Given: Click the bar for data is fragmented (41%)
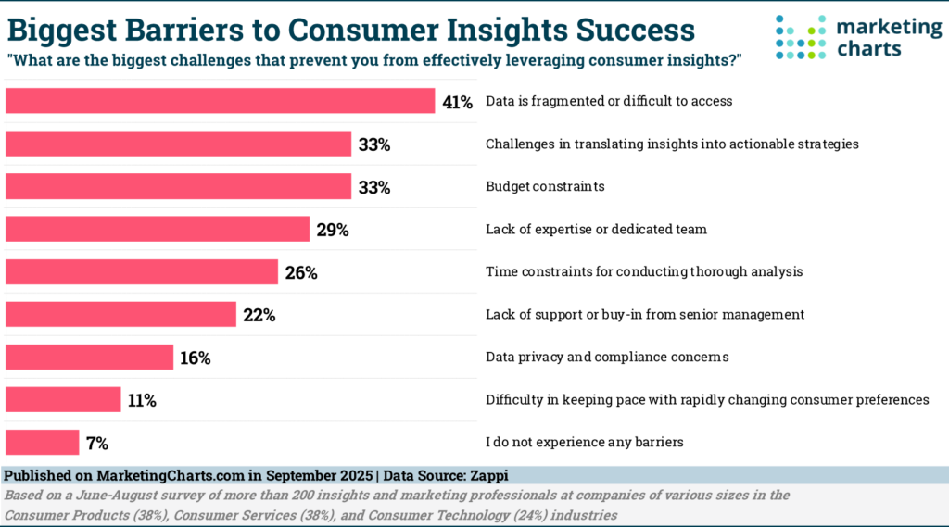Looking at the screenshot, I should click(x=221, y=101).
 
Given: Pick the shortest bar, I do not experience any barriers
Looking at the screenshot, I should click(x=43, y=442).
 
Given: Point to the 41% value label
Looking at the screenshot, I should click(x=457, y=102).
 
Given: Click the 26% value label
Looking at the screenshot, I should click(x=301, y=272).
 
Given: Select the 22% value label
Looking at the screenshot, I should click(x=259, y=315).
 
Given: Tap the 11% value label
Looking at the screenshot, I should click(x=143, y=400).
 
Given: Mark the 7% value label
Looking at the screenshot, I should click(x=98, y=443).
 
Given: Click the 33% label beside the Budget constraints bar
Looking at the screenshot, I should click(x=374, y=187).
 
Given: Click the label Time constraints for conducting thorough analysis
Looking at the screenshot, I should click(x=644, y=272).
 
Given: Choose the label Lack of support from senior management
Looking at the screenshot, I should click(x=645, y=315).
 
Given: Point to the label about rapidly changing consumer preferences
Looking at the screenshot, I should click(x=707, y=400).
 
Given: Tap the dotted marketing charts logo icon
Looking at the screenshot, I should click(x=801, y=36).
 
